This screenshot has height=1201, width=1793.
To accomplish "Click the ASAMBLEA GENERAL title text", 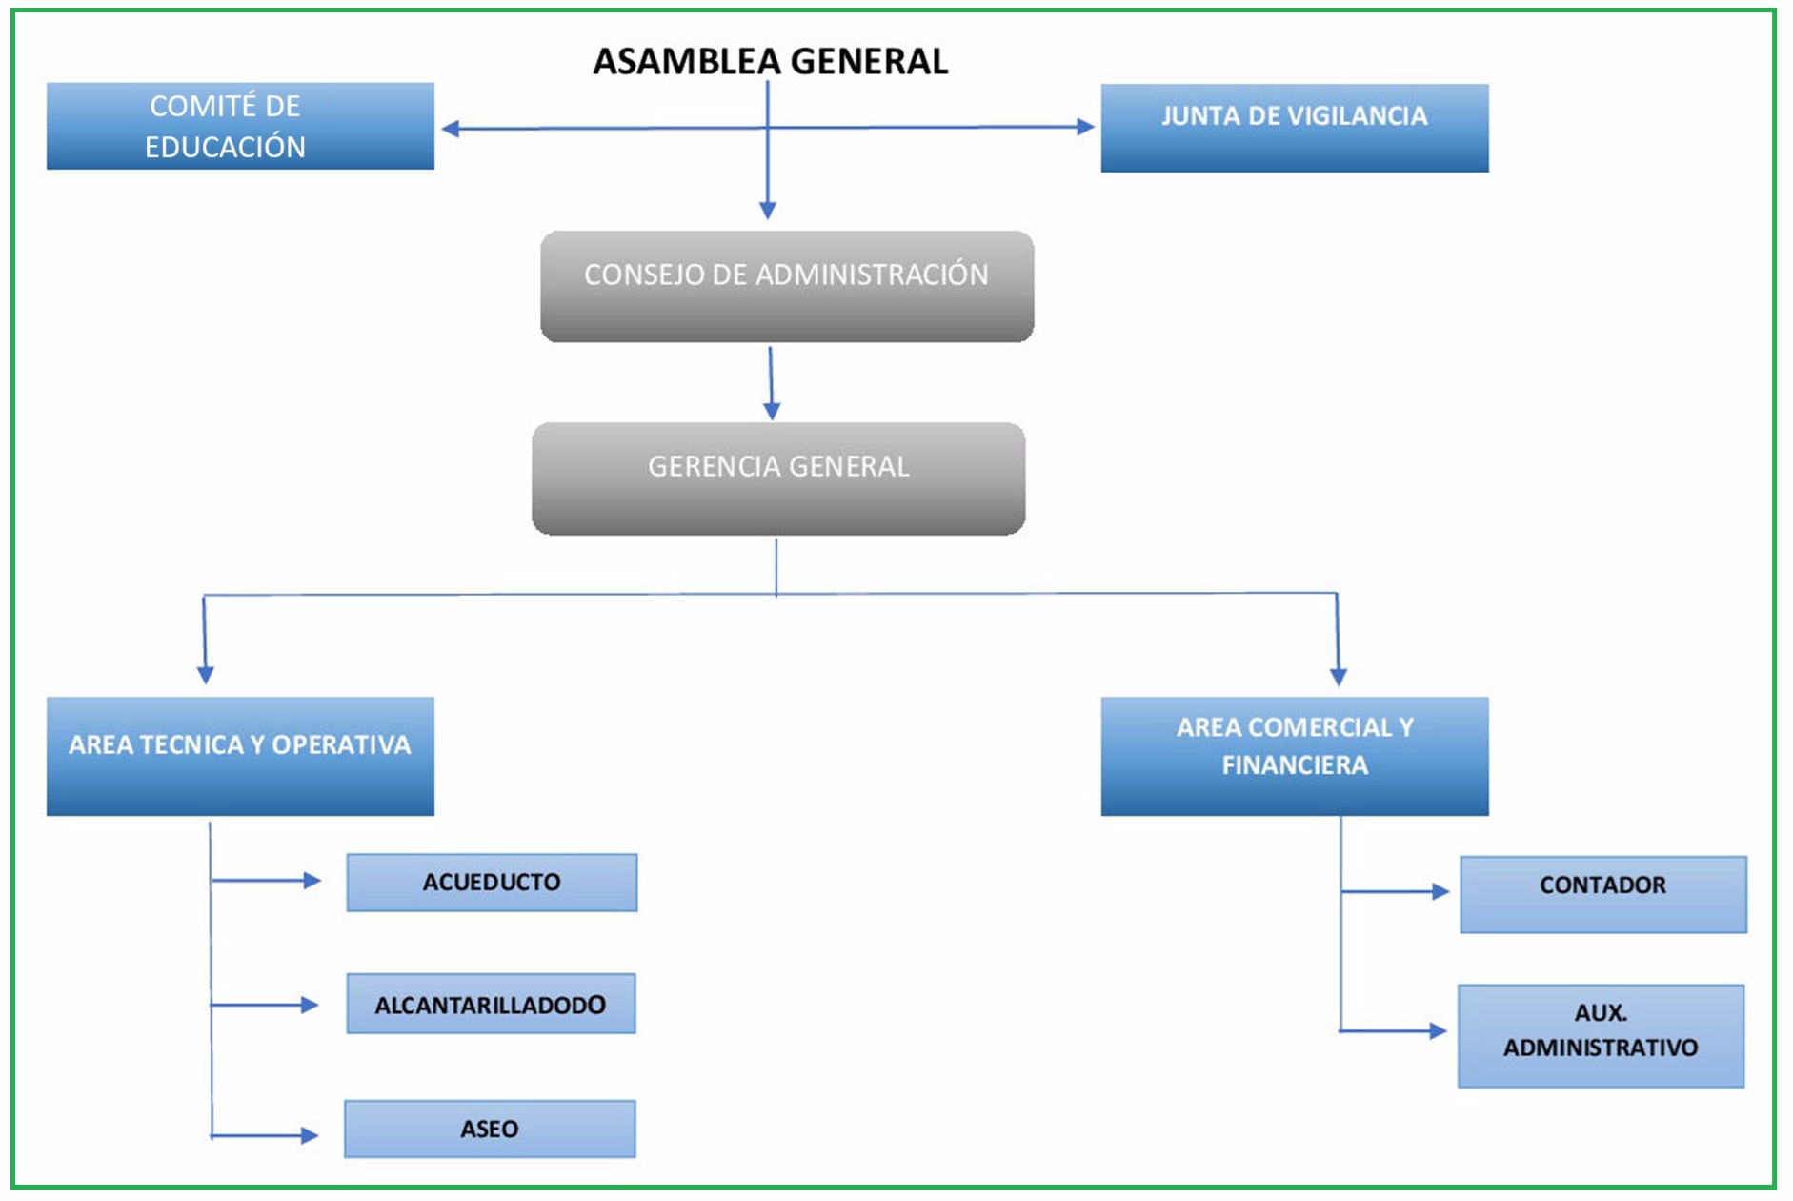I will [x=770, y=62].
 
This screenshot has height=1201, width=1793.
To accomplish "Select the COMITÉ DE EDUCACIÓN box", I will [x=240, y=126].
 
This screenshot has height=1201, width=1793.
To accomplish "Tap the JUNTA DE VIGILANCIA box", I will [x=1294, y=128].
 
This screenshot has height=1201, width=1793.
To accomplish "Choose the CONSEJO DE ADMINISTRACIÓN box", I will [x=786, y=286].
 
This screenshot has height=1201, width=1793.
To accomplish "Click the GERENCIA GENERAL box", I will [x=777, y=478].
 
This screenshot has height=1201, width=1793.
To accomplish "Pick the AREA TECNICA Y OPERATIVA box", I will [x=240, y=756].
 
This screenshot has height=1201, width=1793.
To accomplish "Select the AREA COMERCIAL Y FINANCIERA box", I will [x=1294, y=756].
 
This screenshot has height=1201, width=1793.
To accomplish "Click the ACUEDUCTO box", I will [x=492, y=883].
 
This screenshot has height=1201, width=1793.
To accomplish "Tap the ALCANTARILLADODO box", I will [x=491, y=1004].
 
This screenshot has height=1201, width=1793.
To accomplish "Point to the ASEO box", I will [x=490, y=1130].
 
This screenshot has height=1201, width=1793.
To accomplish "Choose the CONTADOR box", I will [x=1602, y=894].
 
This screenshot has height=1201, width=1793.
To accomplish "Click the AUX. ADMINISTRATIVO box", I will [x=1601, y=1036].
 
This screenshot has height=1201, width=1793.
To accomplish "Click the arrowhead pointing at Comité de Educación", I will [x=451, y=129].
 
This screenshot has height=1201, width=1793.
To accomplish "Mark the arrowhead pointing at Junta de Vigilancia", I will [x=1085, y=127].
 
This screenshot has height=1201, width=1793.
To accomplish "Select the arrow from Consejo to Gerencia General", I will [x=771, y=382].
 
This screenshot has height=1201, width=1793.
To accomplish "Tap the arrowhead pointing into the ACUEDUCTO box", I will [x=312, y=881].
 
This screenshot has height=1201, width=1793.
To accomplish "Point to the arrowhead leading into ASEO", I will [x=309, y=1135].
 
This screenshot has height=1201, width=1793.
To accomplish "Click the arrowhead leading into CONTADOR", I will [x=1440, y=892].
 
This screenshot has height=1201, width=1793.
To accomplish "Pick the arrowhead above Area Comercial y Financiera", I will [x=1339, y=677].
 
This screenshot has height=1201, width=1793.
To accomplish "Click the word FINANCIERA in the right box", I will [x=1294, y=765].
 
